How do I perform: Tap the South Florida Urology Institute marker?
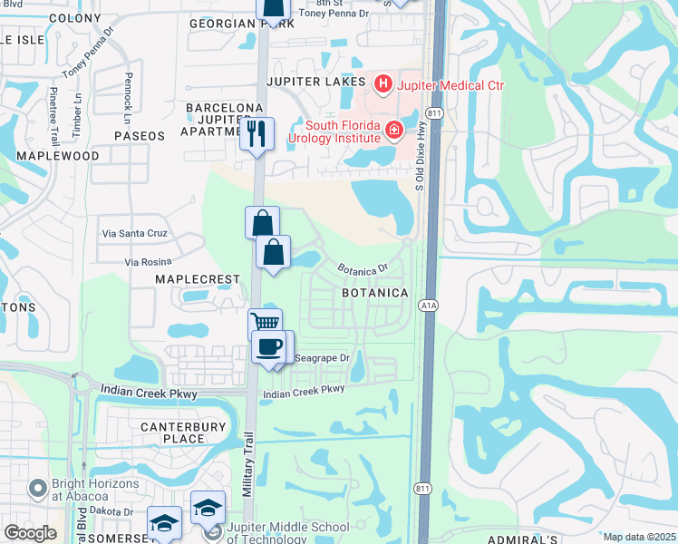point(394,131)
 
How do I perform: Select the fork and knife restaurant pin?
point(257,134)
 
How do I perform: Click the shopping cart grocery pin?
point(265,324)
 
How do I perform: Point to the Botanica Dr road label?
point(363,268)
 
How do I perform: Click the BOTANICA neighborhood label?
point(375,294)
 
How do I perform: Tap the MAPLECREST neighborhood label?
point(197,279)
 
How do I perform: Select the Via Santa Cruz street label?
point(134,233)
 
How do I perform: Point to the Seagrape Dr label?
point(322,358)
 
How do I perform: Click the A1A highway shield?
point(429,306)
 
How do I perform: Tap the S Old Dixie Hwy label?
point(420,163)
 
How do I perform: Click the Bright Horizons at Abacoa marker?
point(38,489)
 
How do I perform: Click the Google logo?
point(29,533)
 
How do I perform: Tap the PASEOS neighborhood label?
point(140,136)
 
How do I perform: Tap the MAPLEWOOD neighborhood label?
point(58,156)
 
